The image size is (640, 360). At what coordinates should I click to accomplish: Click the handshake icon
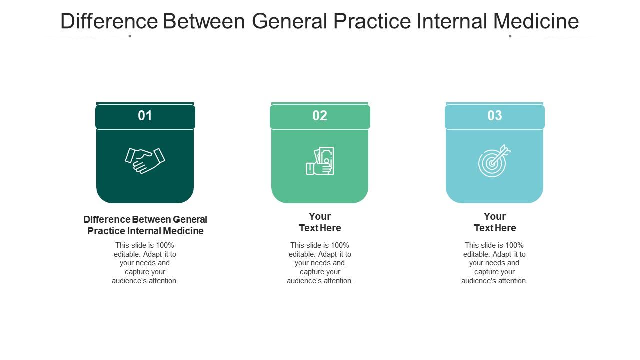(145, 160)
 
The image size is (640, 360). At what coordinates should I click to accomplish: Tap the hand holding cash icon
(320, 161)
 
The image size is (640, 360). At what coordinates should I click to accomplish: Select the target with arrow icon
(494, 161)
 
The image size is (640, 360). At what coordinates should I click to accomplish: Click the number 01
(145, 115)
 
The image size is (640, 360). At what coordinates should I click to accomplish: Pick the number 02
(320, 115)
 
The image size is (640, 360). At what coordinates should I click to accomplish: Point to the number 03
(495, 115)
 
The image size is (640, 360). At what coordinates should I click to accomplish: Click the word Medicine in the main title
(536, 21)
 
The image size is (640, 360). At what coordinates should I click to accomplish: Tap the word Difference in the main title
(109, 21)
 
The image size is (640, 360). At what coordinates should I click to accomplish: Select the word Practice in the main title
(372, 21)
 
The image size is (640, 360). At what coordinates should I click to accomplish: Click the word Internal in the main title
(452, 21)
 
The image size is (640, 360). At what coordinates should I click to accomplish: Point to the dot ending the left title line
(130, 36)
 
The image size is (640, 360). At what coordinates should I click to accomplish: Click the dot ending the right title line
(510, 36)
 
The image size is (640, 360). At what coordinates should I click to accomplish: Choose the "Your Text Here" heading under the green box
(320, 222)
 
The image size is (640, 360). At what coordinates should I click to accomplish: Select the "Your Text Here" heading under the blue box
(495, 222)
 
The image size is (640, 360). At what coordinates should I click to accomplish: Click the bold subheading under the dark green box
(145, 225)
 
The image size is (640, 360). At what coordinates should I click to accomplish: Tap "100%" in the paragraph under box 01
(165, 245)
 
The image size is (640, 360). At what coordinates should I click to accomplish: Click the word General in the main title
(289, 21)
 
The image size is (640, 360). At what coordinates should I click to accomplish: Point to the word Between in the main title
(204, 21)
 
